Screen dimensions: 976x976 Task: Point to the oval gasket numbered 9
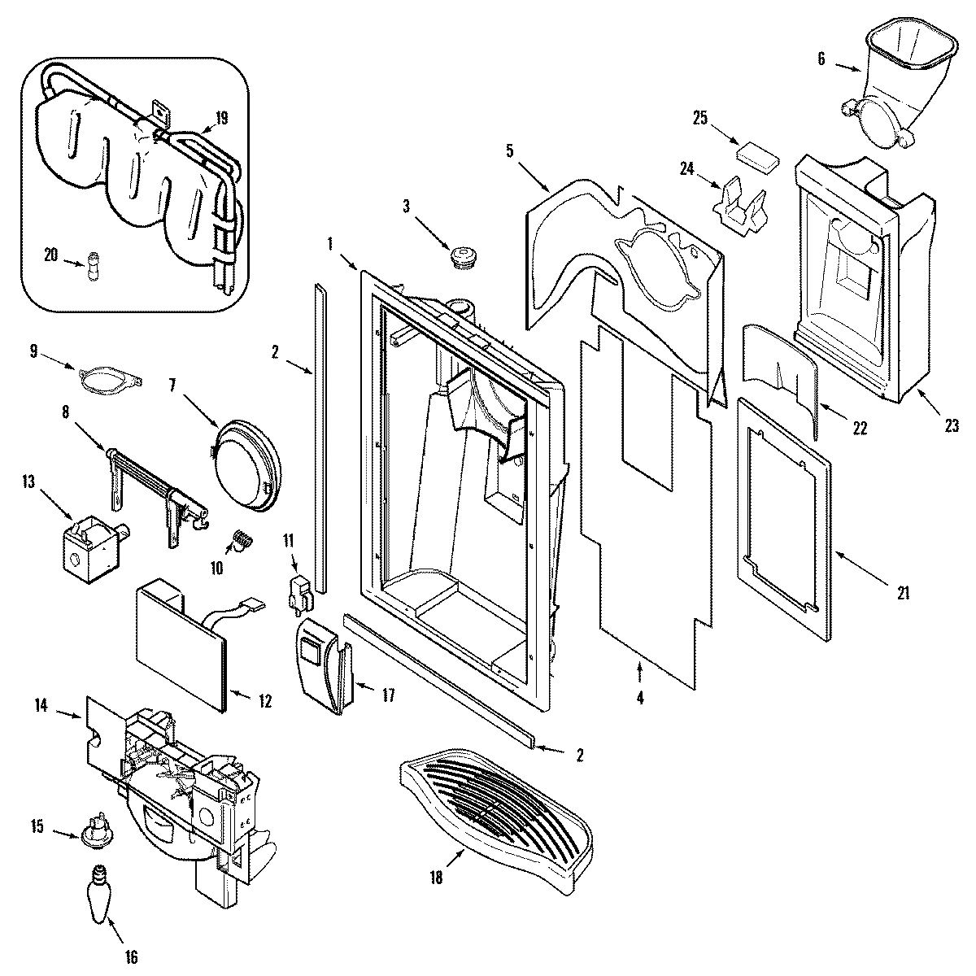tap(110, 379)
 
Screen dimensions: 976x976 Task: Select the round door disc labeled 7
tap(244, 467)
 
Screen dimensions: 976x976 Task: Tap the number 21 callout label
tap(902, 593)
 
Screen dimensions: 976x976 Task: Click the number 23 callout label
tap(952, 425)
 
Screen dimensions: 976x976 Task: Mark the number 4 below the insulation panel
tap(640, 697)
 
